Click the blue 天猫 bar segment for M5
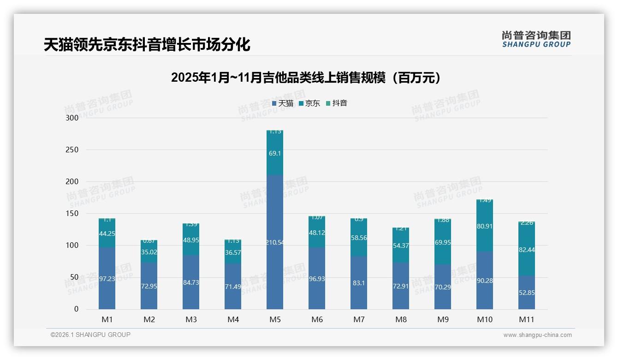tap(275, 241)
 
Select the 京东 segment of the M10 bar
tap(484, 226)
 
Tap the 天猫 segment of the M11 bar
tap(526, 292)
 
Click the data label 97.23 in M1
tap(107, 279)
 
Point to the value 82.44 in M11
tap(526, 250)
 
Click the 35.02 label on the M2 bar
tap(149, 252)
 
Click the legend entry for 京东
tap(309, 103)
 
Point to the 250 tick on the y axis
tap(72, 150)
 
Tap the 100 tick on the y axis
tap(72, 246)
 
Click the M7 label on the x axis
tap(359, 319)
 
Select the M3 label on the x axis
tap(191, 319)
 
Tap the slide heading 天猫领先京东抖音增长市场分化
tap(147, 45)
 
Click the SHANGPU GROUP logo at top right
tap(536, 39)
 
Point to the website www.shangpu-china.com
tap(537, 335)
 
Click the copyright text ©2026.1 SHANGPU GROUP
tap(90, 335)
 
